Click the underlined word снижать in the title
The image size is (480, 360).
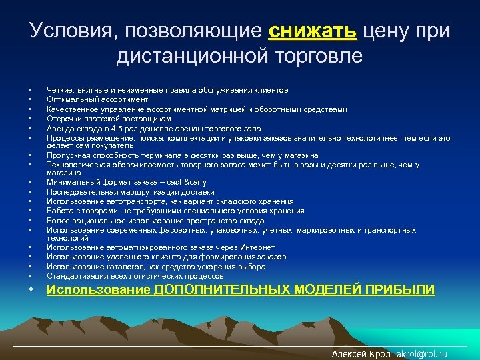313,31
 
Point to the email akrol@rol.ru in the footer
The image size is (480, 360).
422,354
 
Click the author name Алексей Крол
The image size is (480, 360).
361,354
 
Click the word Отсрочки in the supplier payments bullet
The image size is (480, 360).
63,119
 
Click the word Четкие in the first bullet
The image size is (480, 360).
59,89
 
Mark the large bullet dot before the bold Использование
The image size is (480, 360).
31,290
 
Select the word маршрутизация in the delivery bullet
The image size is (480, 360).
131,191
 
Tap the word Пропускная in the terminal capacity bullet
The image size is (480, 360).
66,155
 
